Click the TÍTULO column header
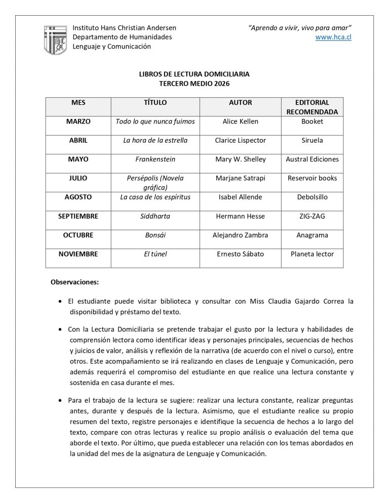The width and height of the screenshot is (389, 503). tap(155, 102)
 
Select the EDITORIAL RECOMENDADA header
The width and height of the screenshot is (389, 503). tap(312, 107)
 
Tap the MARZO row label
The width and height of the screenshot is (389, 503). tap(78, 121)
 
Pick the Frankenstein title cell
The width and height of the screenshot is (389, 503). tap(155, 159)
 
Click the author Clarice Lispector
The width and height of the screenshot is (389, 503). tap(240, 140)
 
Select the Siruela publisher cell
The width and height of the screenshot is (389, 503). tap(312, 140)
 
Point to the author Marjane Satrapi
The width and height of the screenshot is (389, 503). tap(240, 178)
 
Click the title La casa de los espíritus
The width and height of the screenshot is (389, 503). tap(155, 197)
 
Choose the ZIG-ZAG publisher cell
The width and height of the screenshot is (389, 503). tap(312, 216)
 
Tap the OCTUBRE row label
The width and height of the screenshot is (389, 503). tap(78, 235)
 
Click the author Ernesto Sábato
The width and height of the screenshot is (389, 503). tap(240, 254)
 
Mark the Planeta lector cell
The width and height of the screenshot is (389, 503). tap(312, 254)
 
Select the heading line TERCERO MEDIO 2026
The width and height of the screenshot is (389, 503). tap(194, 82)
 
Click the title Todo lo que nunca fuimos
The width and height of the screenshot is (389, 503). tap(155, 121)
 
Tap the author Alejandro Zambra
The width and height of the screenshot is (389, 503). tap(240, 235)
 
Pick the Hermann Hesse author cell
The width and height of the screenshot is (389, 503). tap(240, 216)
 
